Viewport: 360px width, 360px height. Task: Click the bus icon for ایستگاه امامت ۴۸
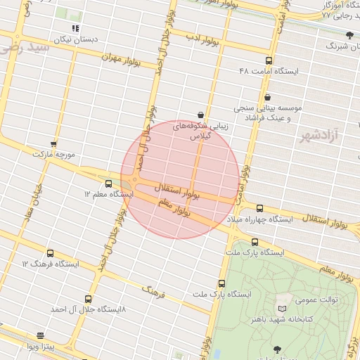(x=269, y=61)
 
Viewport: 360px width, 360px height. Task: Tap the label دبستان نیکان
(x=74, y=40)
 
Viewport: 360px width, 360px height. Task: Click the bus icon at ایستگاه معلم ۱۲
(x=108, y=183)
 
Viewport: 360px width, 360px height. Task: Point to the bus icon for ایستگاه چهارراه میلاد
(x=260, y=208)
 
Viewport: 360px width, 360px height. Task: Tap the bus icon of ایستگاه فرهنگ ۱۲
(x=49, y=253)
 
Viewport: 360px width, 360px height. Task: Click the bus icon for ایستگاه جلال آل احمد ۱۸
(x=88, y=299)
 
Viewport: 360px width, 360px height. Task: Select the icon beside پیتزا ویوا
(x=40, y=336)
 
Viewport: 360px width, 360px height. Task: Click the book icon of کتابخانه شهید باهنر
(x=283, y=309)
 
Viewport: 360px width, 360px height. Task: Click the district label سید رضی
(x=25, y=49)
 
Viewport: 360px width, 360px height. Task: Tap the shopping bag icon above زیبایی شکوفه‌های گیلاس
(x=202, y=114)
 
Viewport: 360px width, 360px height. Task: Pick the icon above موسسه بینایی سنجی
(x=266, y=97)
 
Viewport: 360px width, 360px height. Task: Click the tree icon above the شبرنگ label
(x=349, y=34)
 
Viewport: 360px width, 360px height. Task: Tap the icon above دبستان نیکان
(x=75, y=28)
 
